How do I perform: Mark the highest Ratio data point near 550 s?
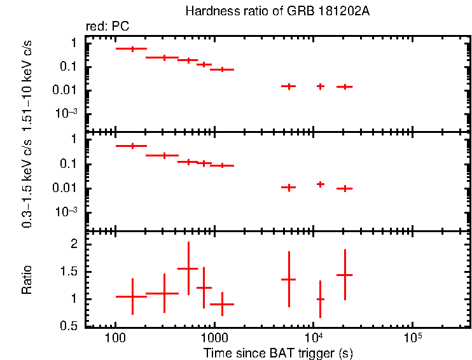tap(188, 268)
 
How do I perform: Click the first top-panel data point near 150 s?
tap(132, 48)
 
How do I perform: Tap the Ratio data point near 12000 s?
tap(320, 299)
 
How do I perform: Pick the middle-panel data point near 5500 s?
tap(289, 188)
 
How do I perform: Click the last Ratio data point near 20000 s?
tap(344, 275)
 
